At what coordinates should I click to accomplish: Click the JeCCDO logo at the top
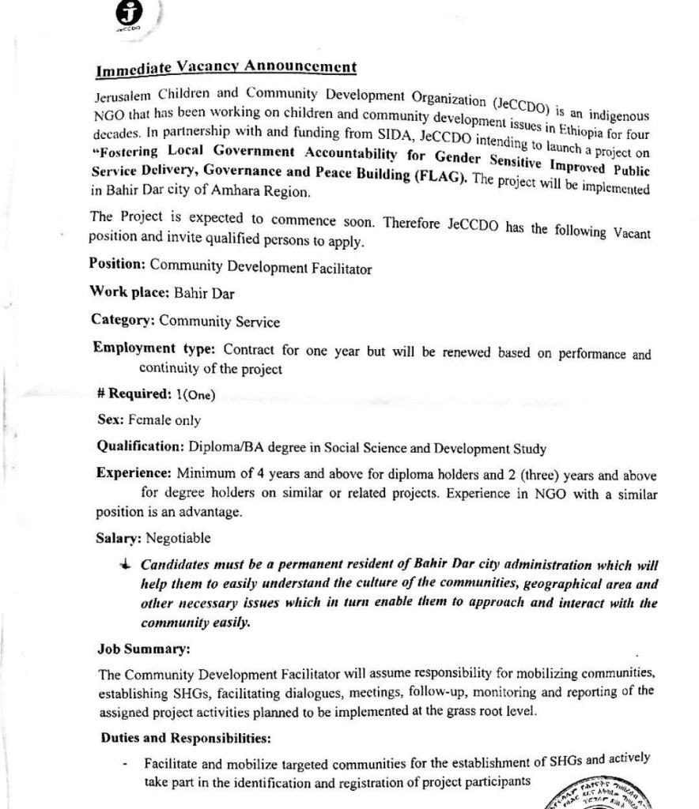pos(127,14)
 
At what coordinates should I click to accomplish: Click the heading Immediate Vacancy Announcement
pos(225,68)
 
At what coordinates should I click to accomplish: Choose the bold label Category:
pos(123,319)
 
